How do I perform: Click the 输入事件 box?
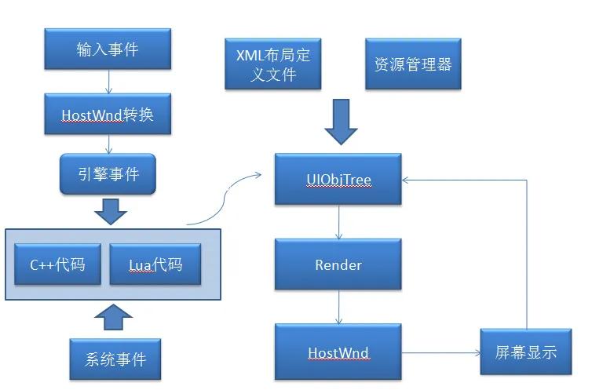(108, 49)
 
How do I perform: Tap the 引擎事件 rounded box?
(108, 173)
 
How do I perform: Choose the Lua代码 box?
(155, 264)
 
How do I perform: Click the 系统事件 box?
(115, 360)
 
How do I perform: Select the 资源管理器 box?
(413, 64)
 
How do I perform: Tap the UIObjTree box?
(338, 180)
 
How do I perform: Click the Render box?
(338, 264)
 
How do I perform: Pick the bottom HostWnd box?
(338, 352)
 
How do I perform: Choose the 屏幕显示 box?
(526, 352)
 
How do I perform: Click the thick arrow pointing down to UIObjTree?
(339, 122)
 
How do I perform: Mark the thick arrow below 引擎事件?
(110, 210)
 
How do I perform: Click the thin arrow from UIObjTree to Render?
(338, 223)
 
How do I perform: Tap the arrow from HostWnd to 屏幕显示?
(440, 353)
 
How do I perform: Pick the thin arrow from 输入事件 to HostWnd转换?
(108, 81)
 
